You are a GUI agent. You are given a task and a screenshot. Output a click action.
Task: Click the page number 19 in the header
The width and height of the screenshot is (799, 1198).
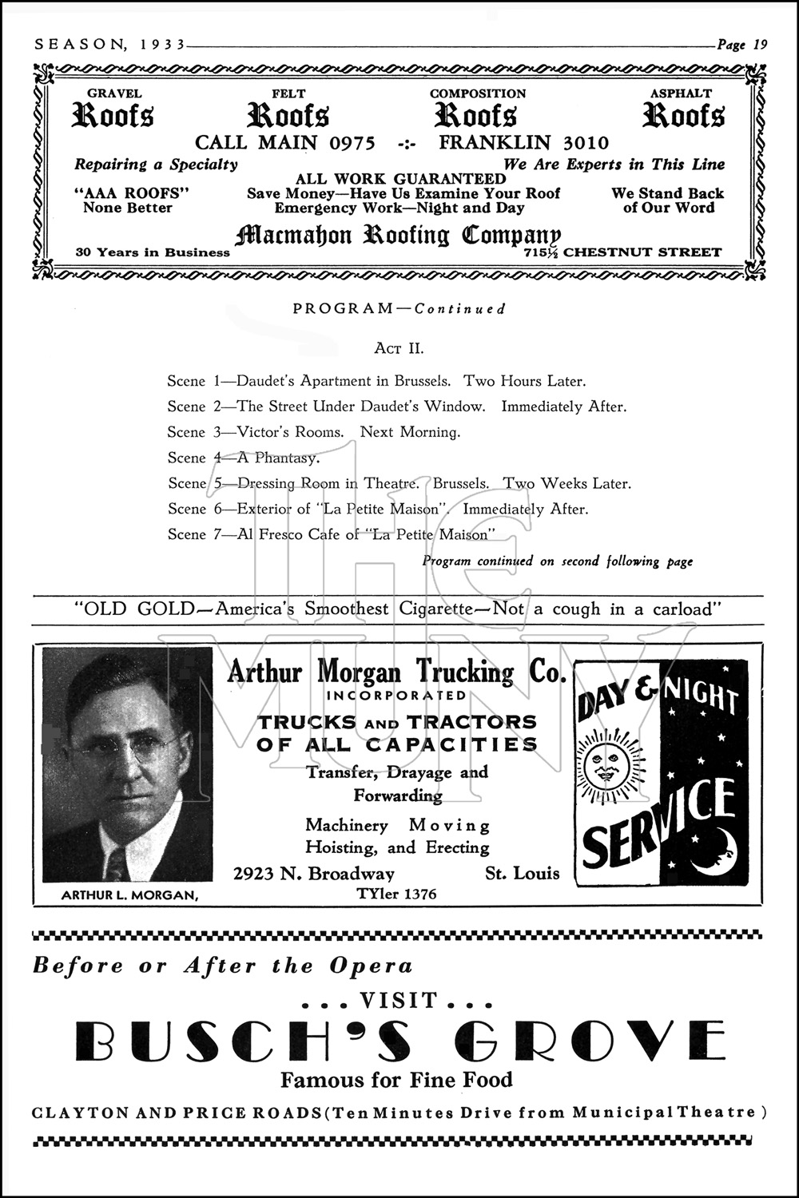[x=759, y=45]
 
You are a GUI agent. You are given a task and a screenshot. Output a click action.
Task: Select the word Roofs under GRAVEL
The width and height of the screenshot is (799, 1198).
[x=113, y=116]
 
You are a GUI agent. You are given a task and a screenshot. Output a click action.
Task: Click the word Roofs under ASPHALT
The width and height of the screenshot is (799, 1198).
[x=684, y=116]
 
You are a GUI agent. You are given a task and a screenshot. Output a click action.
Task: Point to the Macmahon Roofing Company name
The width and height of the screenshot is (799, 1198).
[x=398, y=236]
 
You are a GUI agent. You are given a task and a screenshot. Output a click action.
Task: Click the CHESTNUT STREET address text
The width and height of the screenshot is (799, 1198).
[x=642, y=252]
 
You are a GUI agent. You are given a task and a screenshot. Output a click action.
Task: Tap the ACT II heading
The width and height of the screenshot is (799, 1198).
[x=399, y=348]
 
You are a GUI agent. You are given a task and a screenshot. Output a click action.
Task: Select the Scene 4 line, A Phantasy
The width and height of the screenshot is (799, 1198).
[x=244, y=458]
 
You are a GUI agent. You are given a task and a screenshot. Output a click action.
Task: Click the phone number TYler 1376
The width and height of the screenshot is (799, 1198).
[x=397, y=894]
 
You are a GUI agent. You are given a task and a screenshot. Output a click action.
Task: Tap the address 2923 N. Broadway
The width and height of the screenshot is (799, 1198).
[x=314, y=873]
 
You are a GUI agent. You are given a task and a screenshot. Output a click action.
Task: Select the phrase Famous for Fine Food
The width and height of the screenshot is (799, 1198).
[x=396, y=1080]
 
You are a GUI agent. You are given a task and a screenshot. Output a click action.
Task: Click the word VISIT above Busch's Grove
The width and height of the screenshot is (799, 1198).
[x=399, y=1000]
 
